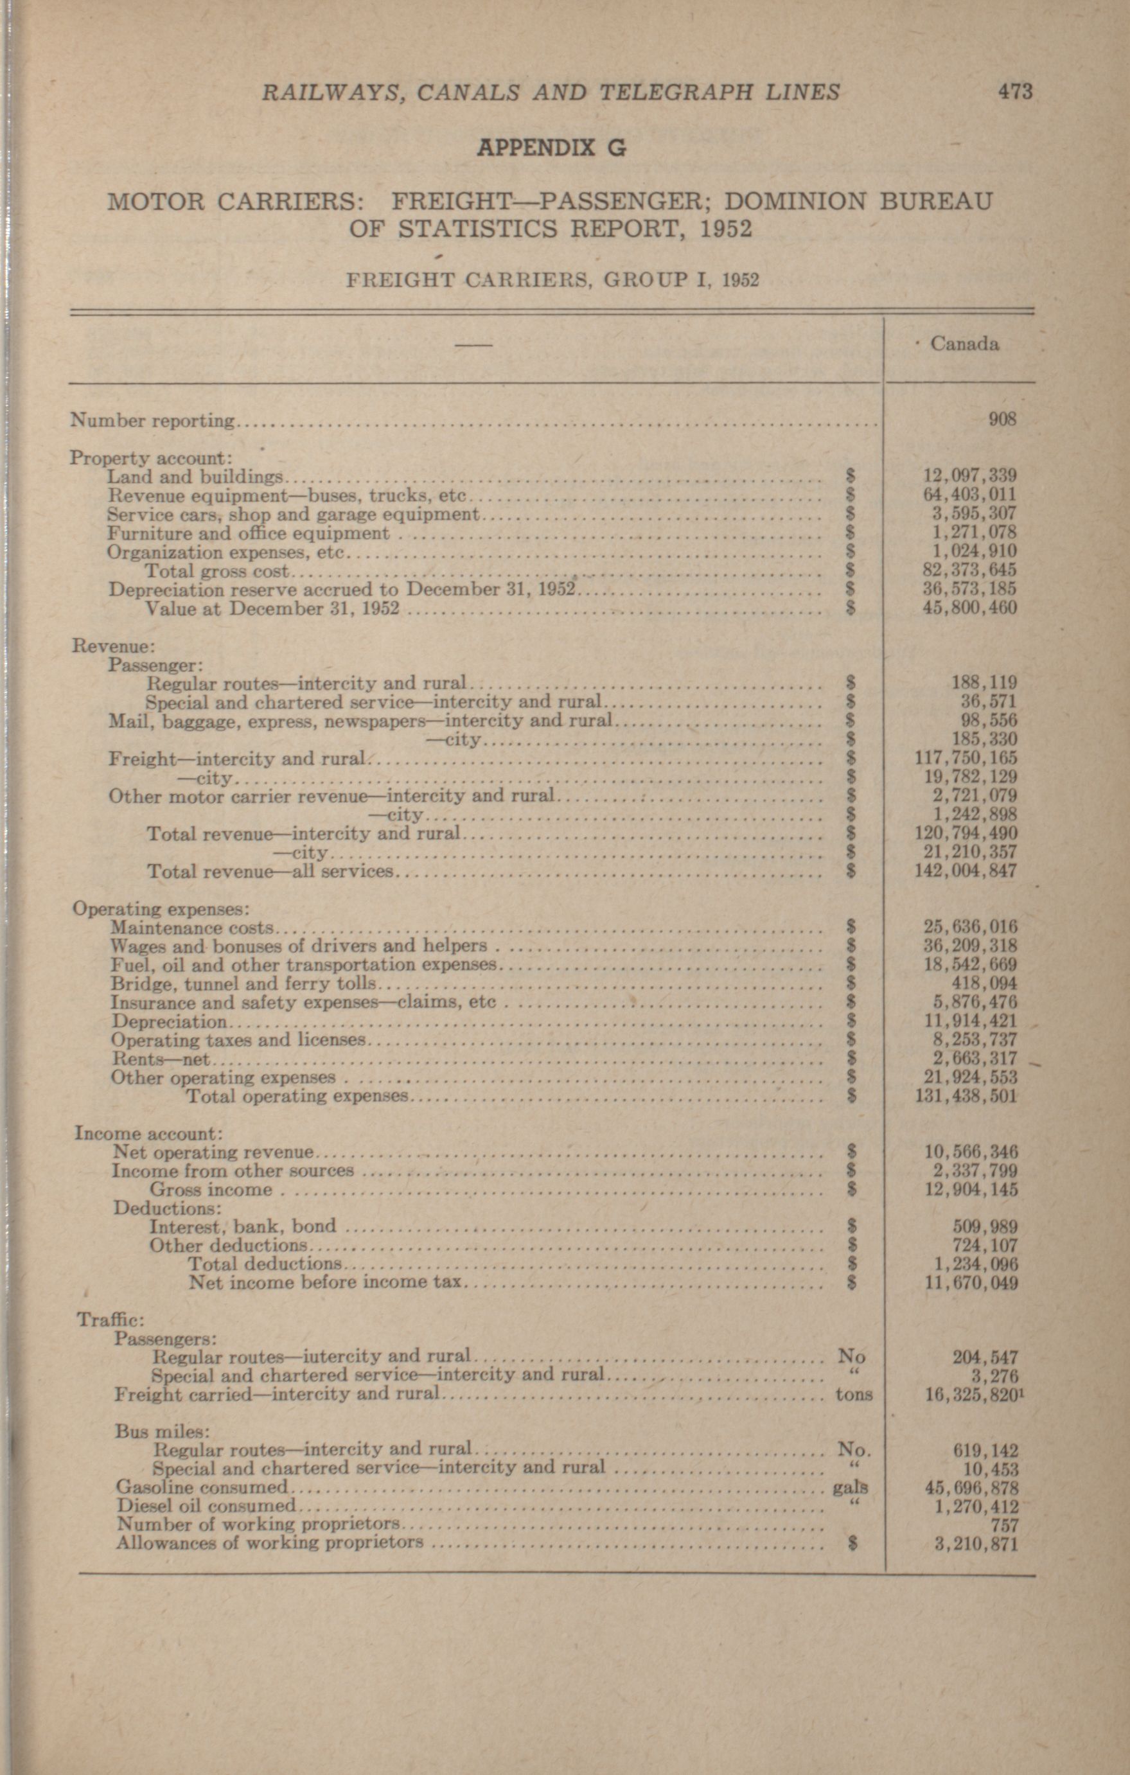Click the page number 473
(x=1015, y=92)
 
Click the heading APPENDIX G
(x=551, y=148)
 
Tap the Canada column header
(x=964, y=344)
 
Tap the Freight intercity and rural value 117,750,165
(x=966, y=758)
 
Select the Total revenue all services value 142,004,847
(x=966, y=870)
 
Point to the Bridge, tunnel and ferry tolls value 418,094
(x=985, y=984)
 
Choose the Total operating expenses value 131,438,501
(x=966, y=1096)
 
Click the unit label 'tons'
(x=854, y=1394)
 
